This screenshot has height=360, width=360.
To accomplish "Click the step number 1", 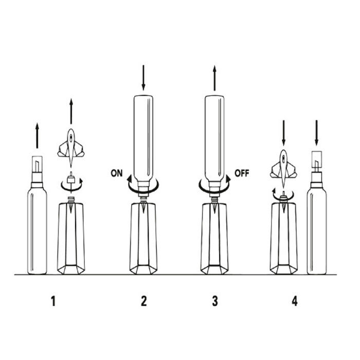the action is pos(53,301).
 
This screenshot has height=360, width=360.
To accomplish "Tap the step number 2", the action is pos(143,301).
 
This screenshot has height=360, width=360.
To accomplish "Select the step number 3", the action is pos(215,301).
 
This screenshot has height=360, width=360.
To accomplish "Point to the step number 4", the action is pos(295,301).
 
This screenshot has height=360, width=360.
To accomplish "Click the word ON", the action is pos(117,173).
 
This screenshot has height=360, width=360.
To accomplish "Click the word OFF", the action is pos(242,173).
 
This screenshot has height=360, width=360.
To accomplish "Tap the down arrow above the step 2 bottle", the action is pos(143,78).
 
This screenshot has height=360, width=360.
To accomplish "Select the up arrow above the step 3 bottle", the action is pos(214,78).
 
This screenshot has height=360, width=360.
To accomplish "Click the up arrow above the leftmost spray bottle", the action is pos(37,135).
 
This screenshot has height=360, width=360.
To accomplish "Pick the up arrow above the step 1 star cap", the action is pos(71,112).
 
